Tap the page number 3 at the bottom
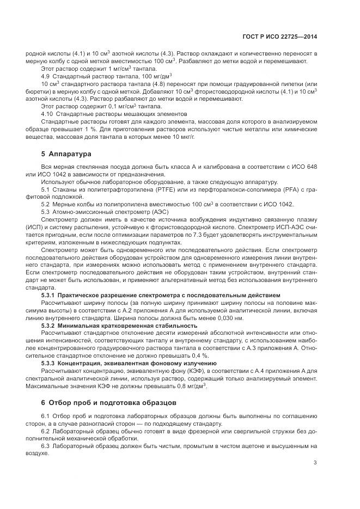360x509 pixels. click(x=315, y=463)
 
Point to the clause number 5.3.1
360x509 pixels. click(x=50, y=295)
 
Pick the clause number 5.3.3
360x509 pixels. click(x=50, y=363)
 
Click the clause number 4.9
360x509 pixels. click(x=45, y=76)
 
